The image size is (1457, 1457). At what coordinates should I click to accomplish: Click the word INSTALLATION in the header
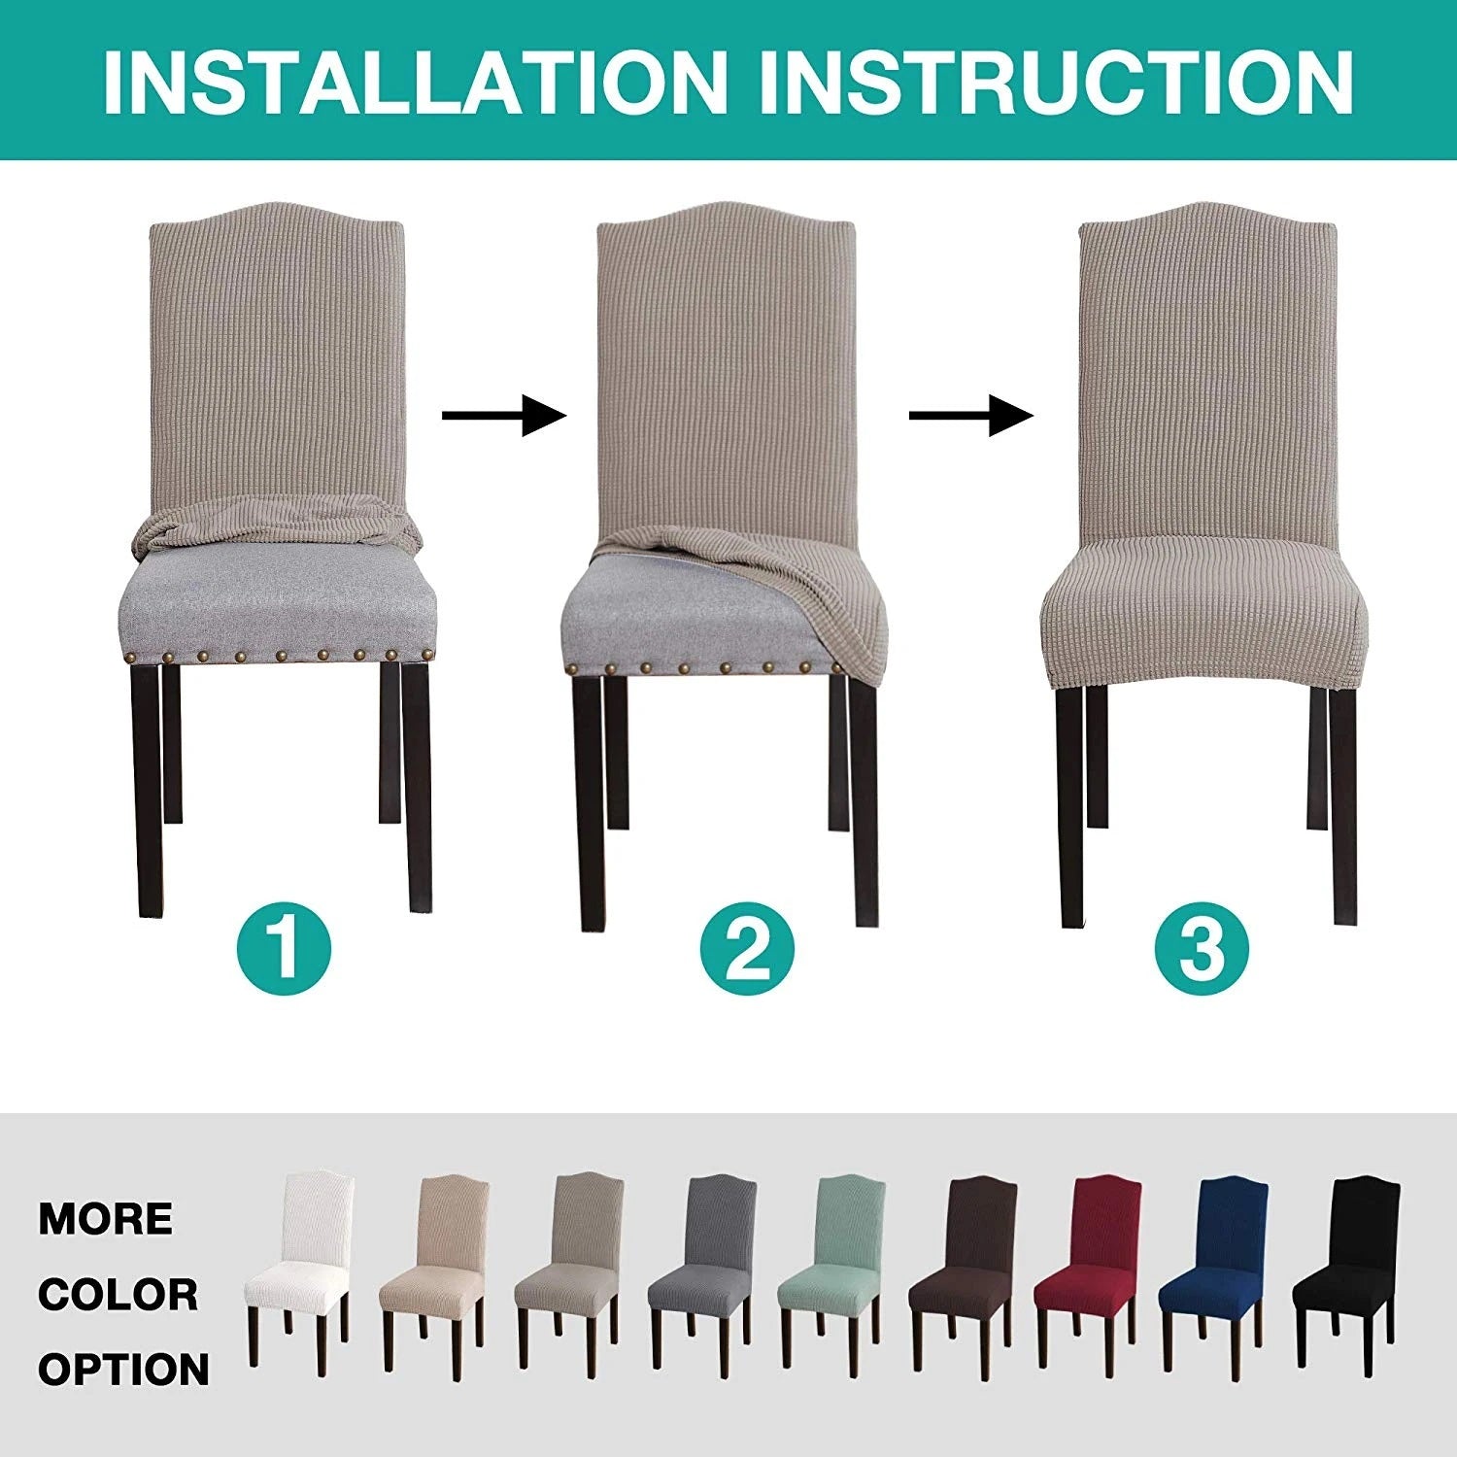coord(416,82)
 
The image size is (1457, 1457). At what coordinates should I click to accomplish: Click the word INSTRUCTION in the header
coord(1056,82)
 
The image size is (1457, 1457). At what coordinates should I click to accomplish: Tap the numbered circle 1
coord(285,946)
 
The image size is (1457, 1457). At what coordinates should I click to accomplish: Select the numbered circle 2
coord(748,946)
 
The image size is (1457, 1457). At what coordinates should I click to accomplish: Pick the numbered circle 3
coord(1203,946)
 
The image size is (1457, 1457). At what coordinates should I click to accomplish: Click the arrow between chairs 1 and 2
coord(504,416)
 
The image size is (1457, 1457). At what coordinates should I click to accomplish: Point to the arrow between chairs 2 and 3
coord(971,416)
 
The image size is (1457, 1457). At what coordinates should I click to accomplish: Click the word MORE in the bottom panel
coord(106,1219)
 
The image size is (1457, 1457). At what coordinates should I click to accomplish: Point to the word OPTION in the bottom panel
coord(123,1370)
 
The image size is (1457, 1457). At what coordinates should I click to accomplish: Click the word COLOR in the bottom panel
coord(118,1295)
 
